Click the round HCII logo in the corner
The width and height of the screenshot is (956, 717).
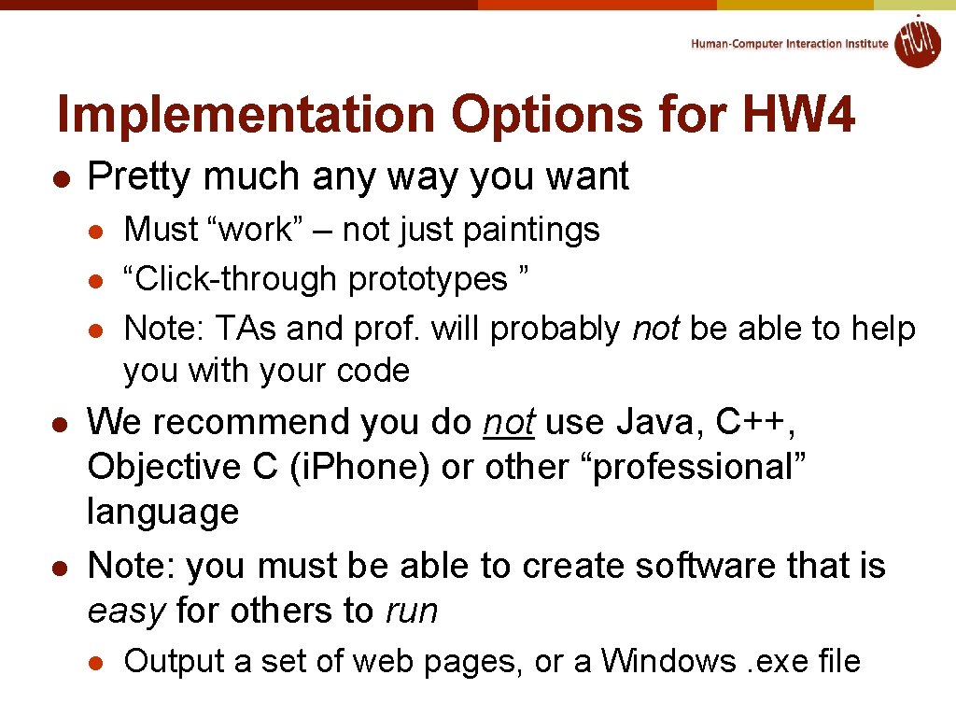point(918,42)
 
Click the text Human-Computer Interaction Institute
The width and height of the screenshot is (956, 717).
point(790,44)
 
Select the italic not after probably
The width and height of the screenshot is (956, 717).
point(655,329)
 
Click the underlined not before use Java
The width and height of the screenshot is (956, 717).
point(509,422)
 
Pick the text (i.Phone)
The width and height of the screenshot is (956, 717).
point(360,467)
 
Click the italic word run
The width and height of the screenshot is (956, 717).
point(411,612)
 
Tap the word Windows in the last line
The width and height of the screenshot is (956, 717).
point(668,661)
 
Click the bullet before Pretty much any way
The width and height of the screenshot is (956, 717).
point(59,177)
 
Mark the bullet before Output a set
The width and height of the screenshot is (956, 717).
point(94,662)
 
